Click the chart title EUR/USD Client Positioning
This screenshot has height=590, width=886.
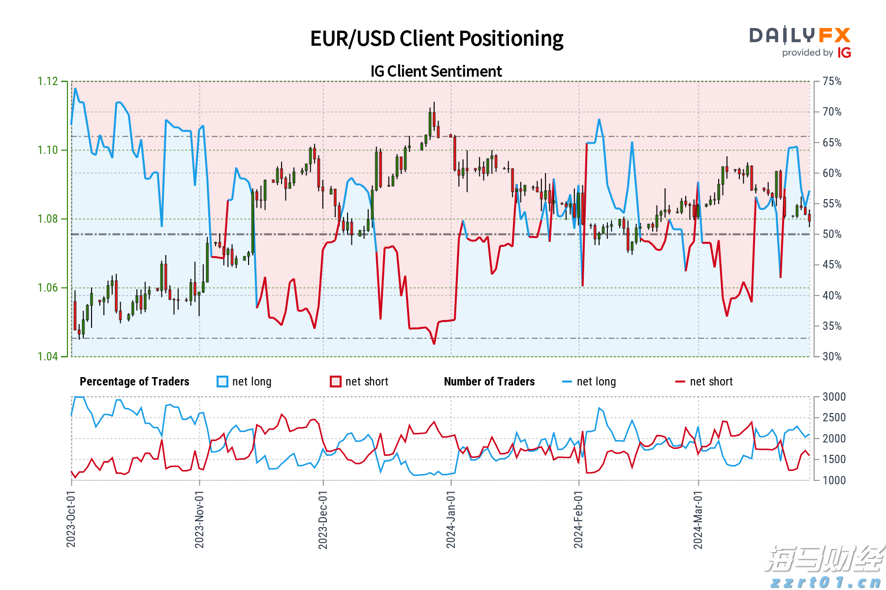[x=437, y=39]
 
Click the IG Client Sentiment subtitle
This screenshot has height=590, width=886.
[x=436, y=71]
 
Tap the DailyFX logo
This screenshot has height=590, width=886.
[x=800, y=35]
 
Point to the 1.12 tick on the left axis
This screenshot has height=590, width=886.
[x=48, y=81]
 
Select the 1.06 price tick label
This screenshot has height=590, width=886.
[x=48, y=288]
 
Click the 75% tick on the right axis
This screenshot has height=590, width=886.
[x=832, y=81]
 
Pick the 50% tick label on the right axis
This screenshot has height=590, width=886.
[x=832, y=234]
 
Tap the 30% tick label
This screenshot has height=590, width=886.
[x=832, y=356]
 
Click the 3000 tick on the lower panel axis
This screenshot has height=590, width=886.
[x=834, y=397]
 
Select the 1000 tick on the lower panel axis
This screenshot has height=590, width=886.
[x=834, y=480]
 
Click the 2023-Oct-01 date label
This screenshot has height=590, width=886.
[x=71, y=519]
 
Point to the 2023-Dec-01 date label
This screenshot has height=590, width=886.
[x=323, y=519]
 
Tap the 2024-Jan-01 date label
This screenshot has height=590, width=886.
[x=451, y=519]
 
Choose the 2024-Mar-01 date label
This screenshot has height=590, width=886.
[x=698, y=519]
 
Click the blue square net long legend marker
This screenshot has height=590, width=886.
[x=222, y=382]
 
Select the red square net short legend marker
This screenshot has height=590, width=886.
[x=336, y=382]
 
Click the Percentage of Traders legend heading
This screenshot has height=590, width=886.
[x=134, y=382]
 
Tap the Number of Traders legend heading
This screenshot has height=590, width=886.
[x=489, y=382]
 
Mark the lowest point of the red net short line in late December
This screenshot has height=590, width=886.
[x=434, y=344]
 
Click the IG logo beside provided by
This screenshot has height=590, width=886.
[x=844, y=53]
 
